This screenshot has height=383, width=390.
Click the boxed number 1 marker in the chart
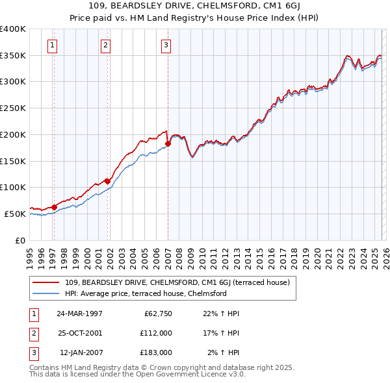click(x=51, y=45)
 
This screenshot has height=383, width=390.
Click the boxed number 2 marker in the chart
click(x=105, y=45)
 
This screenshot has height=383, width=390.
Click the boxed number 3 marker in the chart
click(x=166, y=45)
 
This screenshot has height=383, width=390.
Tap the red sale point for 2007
click(x=168, y=143)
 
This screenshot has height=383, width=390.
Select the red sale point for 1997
click(x=54, y=207)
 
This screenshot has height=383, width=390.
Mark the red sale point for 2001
click(x=107, y=181)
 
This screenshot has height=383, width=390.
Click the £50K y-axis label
click(x=15, y=214)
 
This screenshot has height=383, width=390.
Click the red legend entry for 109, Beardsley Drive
click(x=181, y=282)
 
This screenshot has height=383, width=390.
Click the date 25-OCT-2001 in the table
click(x=79, y=333)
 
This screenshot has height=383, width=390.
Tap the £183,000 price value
click(x=155, y=352)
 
